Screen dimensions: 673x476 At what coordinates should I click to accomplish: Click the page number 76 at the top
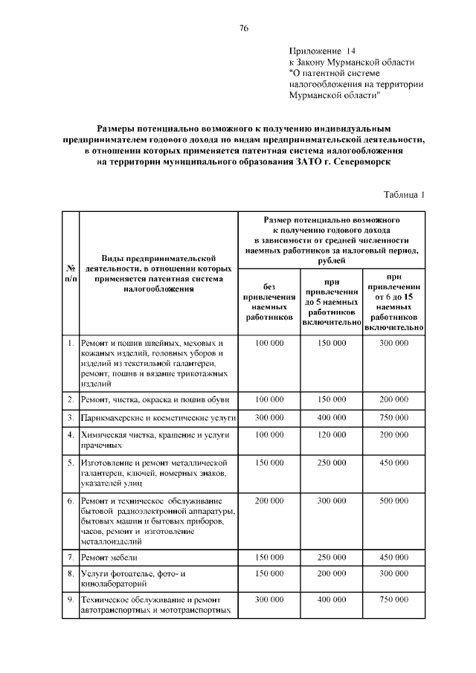point(243,28)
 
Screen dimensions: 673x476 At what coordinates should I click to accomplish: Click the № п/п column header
point(69,273)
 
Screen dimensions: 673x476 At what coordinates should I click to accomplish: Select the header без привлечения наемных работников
point(268,301)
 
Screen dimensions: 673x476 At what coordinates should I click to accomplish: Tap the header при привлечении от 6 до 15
point(394,301)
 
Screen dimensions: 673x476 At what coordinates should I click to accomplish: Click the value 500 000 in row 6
point(394,502)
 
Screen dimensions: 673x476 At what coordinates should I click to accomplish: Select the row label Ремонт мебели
point(109,557)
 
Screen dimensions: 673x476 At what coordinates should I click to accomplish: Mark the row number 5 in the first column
point(69,463)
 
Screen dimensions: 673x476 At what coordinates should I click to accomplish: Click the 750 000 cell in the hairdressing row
point(394,418)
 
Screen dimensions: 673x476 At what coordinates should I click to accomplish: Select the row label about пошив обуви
point(149,400)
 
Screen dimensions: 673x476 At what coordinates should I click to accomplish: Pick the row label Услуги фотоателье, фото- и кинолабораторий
point(134,579)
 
